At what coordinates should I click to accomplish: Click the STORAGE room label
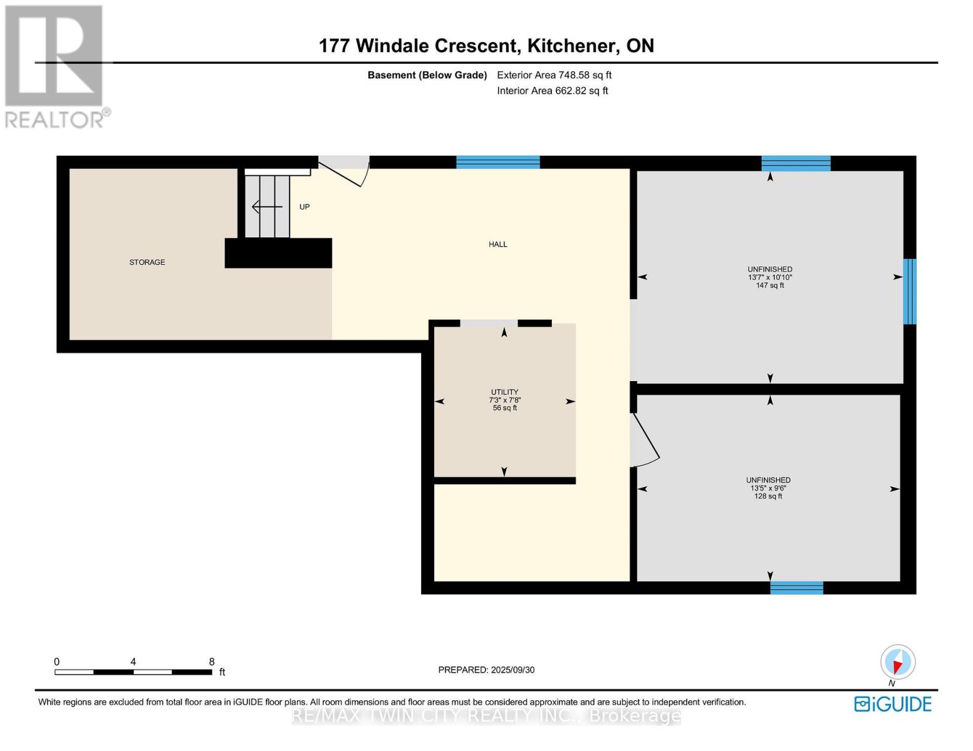coord(147,262)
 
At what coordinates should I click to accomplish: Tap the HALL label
coord(497,244)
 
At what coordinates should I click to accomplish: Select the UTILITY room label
coord(504,392)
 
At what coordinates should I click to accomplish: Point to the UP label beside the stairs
coord(304,207)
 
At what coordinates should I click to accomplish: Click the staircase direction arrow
coord(267,207)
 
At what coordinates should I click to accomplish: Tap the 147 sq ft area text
coord(770,285)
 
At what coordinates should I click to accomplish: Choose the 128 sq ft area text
coord(768,496)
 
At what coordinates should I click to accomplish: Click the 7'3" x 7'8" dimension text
coord(504,401)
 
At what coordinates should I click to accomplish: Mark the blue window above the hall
coord(498,162)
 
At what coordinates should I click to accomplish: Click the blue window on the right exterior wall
coord(910,291)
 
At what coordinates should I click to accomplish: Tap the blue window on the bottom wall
coord(796,588)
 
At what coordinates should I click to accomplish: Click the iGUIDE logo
coord(893,704)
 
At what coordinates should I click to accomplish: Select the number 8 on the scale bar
coord(212,662)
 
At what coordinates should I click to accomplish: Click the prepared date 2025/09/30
coord(513,670)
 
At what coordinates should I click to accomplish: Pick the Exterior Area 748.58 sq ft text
coord(554,75)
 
